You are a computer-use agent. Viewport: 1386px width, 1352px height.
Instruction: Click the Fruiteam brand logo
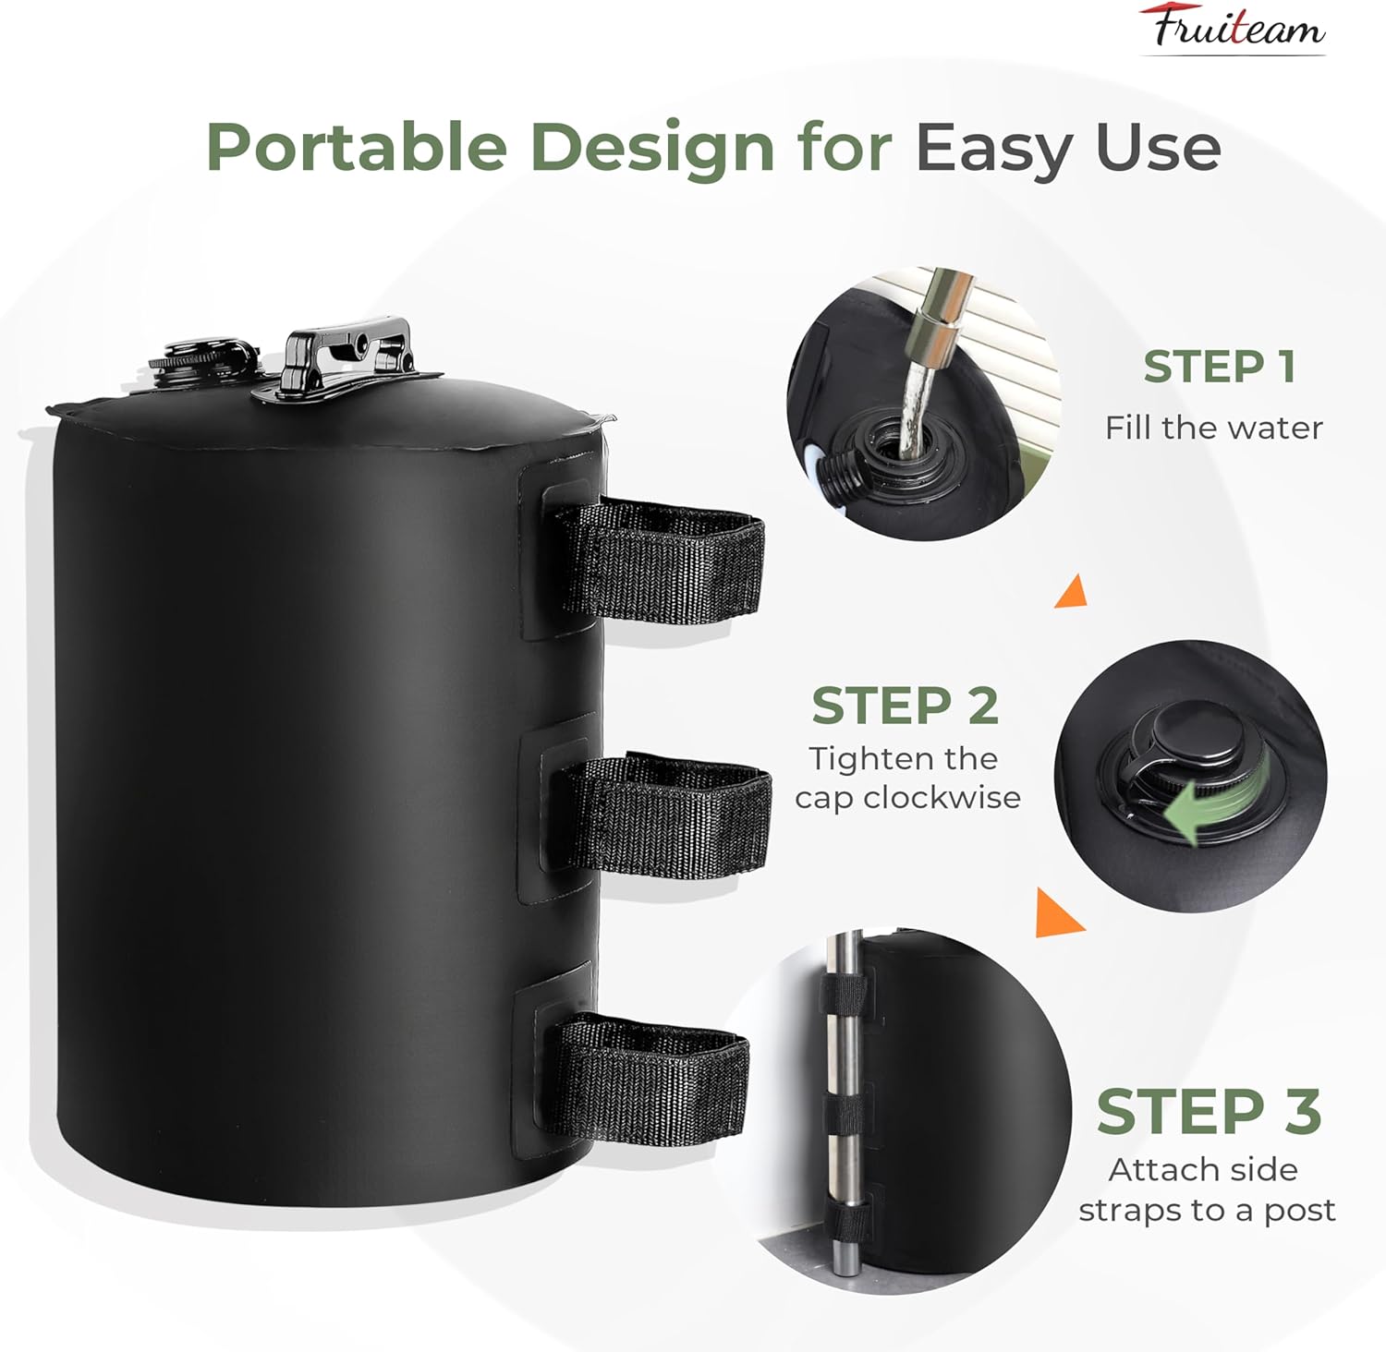tap(1233, 28)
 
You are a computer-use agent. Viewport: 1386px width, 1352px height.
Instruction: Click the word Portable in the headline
tap(356, 148)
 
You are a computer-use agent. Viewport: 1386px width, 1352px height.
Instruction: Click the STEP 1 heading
tap(1219, 367)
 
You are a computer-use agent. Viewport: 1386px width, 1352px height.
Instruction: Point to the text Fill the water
tap(1213, 428)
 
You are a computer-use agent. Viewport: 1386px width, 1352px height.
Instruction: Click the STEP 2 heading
tap(905, 706)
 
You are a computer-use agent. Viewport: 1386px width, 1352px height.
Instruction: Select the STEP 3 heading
tap(1209, 1111)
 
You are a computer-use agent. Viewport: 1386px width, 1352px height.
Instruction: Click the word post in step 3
tap(1299, 1210)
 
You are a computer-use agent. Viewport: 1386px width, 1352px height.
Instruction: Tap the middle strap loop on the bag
tap(670, 814)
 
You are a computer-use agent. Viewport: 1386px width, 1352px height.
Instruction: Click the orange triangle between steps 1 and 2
tap(1072, 591)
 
